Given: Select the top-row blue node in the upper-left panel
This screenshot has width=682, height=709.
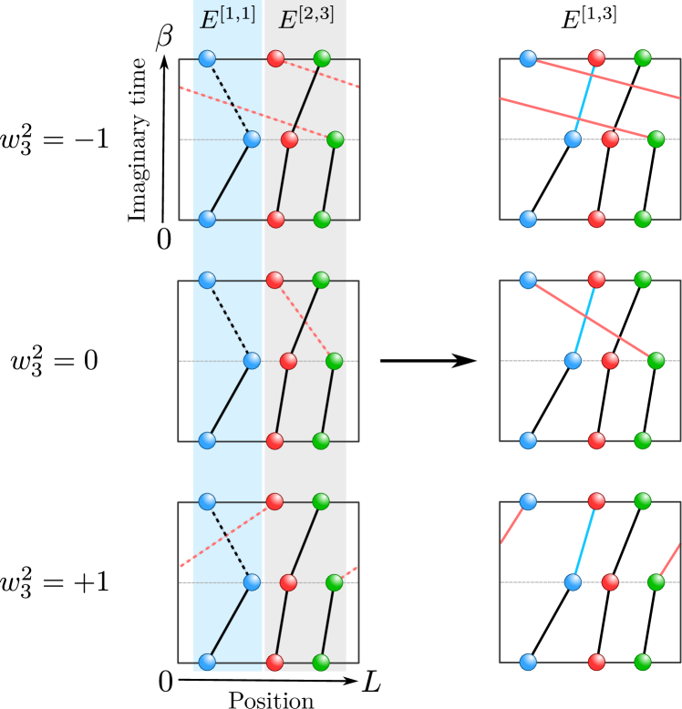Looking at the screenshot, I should pyautogui.click(x=207, y=58).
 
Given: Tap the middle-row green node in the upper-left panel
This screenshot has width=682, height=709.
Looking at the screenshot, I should pyautogui.click(x=336, y=139).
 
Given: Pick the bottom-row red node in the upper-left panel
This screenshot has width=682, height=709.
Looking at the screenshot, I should pyautogui.click(x=275, y=220).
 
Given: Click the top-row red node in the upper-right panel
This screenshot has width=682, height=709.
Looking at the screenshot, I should pyautogui.click(x=596, y=58).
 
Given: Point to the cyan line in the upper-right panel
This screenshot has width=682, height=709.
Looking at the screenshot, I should pyautogui.click(x=584, y=98).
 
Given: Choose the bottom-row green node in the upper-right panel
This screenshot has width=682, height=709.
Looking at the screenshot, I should pyautogui.click(x=643, y=219).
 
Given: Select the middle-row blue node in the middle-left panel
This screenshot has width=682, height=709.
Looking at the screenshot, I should pyautogui.click(x=252, y=361).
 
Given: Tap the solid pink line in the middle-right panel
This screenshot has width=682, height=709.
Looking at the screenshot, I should pyautogui.click(x=592, y=320).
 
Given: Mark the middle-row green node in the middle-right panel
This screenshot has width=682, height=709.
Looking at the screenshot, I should pyautogui.click(x=656, y=361).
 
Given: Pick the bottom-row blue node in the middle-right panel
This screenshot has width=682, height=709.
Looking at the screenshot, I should pyautogui.click(x=528, y=440).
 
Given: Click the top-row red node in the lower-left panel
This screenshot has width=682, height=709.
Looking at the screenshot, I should pyautogui.click(x=274, y=501).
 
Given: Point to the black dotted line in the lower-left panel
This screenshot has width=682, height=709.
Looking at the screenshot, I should pyautogui.click(x=229, y=541).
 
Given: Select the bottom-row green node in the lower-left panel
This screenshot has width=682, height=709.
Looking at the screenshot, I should pyautogui.click(x=321, y=662).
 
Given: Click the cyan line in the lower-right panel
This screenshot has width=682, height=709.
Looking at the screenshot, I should pyautogui.click(x=584, y=541).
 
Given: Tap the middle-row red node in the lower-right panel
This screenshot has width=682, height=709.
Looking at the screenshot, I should pyautogui.click(x=610, y=581).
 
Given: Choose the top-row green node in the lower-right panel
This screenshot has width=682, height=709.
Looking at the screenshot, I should pyautogui.click(x=643, y=501).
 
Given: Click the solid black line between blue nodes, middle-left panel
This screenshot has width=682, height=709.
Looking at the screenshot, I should pyautogui.click(x=230, y=400).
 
